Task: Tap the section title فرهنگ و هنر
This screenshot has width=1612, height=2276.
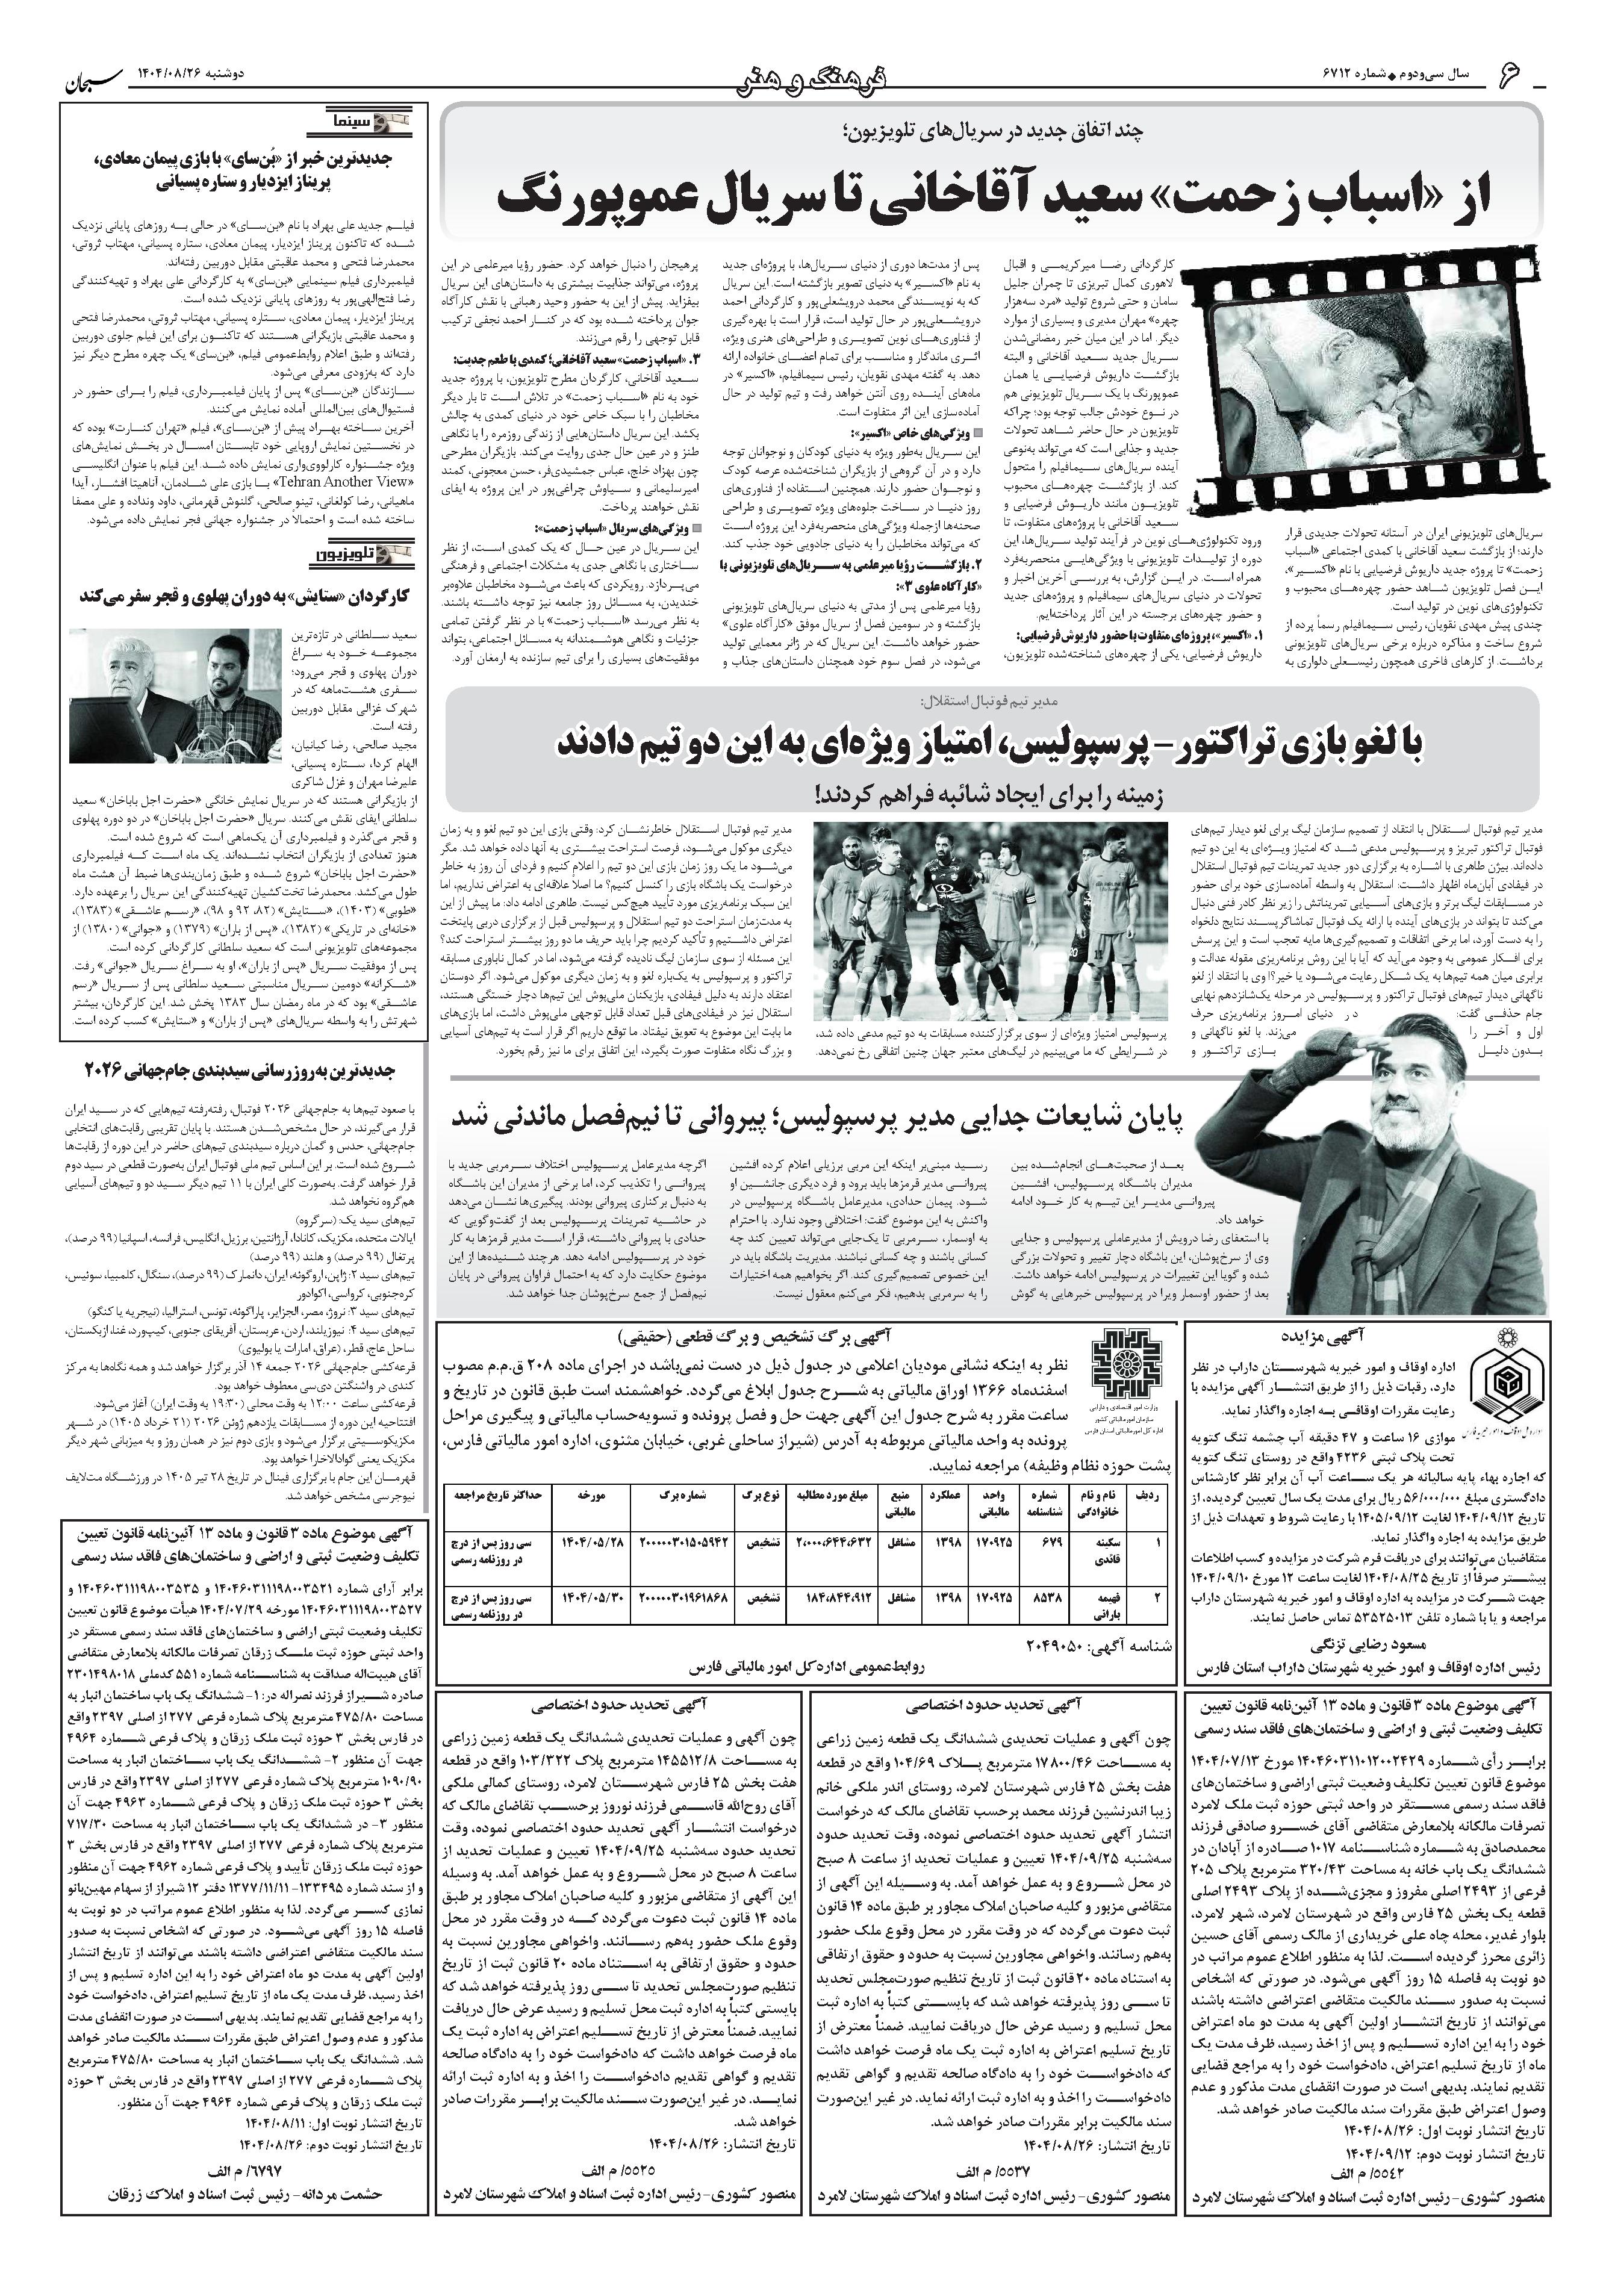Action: click(x=806, y=76)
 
